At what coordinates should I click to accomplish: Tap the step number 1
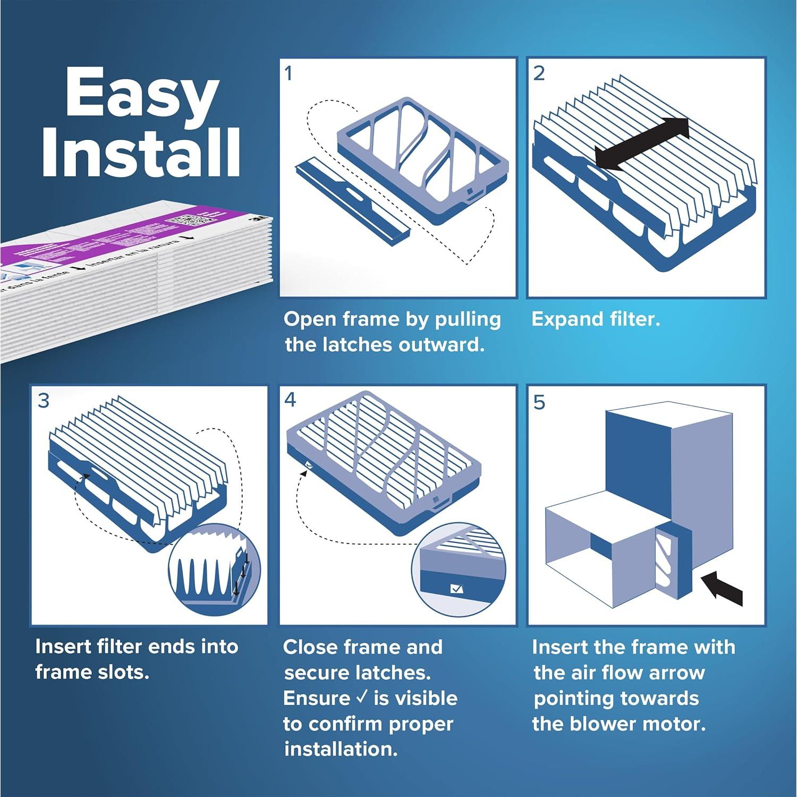coord(289,74)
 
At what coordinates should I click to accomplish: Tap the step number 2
coord(539,74)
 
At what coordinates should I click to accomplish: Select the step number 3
coord(44,401)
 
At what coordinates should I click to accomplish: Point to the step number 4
coord(290,400)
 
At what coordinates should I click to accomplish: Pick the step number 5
coord(539,403)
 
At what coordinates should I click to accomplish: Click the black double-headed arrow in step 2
coord(642,144)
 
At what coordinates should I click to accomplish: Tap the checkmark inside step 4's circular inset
coord(456,589)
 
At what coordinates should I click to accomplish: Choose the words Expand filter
coord(596,319)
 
